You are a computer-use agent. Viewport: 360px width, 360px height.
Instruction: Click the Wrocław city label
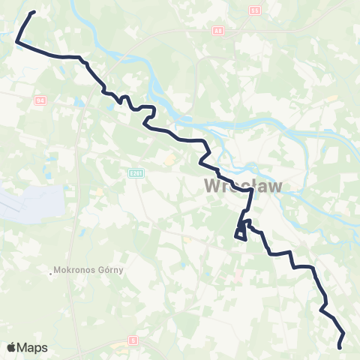[242, 185]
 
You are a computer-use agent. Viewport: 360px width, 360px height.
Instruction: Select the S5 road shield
[255, 10]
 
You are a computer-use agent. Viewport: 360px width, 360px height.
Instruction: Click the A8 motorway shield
[217, 31]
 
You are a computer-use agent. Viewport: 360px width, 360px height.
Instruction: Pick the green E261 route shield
[134, 173]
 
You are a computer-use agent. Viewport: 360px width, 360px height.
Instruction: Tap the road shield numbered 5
[133, 340]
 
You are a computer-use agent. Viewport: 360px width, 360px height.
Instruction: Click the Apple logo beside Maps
[11, 347]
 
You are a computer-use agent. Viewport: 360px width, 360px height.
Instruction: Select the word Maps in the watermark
[32, 347]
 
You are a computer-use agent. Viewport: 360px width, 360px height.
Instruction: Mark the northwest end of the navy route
[33, 12]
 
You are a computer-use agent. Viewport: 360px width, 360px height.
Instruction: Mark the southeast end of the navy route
[340, 347]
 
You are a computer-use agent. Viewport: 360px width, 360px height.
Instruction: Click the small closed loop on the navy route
[241, 234]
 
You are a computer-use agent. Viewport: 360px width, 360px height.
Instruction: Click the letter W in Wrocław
[214, 185]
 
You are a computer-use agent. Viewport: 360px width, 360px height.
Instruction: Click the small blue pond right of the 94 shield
[77, 100]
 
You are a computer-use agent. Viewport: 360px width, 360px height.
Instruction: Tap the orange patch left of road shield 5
[120, 347]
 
